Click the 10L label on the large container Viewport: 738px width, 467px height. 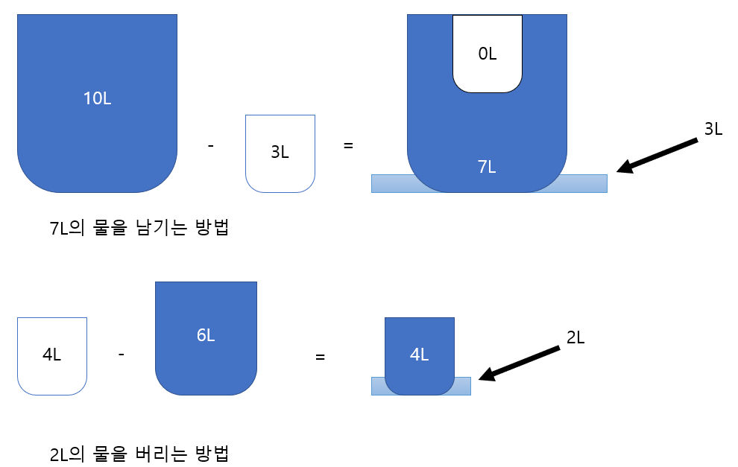coord(97,98)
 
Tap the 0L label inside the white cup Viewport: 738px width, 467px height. coord(487,54)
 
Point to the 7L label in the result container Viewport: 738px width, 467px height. coord(487,168)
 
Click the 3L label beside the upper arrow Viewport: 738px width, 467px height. coord(713,129)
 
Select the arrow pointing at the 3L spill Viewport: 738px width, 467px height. coord(657,156)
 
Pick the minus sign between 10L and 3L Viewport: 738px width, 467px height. coord(211,146)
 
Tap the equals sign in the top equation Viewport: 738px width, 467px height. coord(347,145)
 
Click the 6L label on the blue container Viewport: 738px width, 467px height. coord(206,336)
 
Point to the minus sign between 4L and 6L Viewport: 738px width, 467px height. coord(121,355)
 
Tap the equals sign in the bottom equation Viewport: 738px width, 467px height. coord(320,357)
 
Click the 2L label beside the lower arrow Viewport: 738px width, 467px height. coord(575,337)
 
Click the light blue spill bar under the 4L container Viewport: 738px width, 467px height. coord(463,386)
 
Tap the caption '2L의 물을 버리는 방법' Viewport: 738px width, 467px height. coord(139,454)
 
